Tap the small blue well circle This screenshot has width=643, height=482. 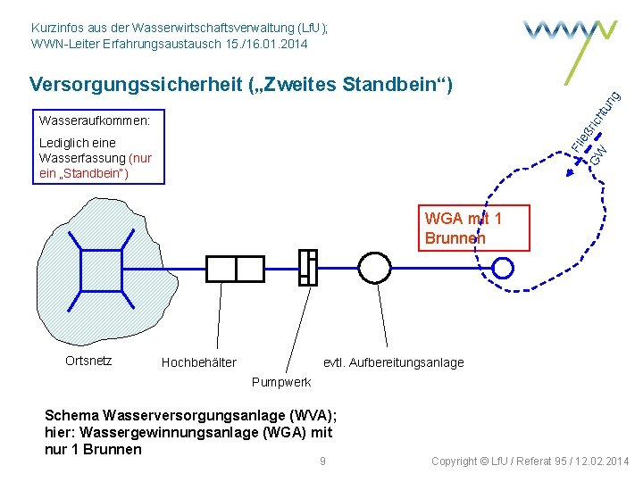click(x=504, y=267)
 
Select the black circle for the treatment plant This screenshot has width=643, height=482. click(x=375, y=267)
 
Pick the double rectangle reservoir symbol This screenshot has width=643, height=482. click(x=234, y=268)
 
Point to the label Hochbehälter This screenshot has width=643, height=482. click(x=198, y=361)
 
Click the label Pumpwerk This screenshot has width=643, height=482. click(x=281, y=382)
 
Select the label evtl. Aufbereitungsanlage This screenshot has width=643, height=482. click(x=393, y=361)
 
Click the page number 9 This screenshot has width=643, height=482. click(x=322, y=461)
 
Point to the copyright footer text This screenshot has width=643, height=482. click(x=530, y=461)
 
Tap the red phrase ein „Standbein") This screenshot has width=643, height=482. click(x=84, y=173)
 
